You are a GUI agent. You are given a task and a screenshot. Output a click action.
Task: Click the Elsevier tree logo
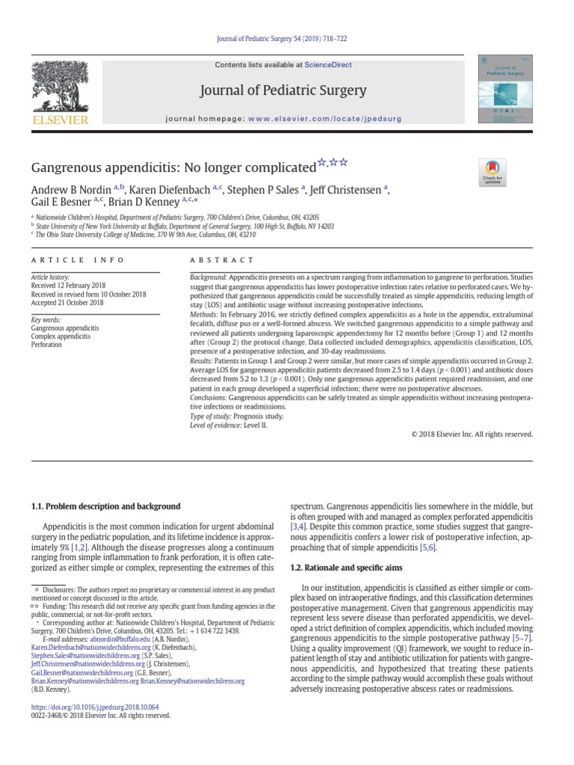tap(59, 85)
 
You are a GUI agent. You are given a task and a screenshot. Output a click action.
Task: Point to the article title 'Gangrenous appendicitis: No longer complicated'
tap(173, 167)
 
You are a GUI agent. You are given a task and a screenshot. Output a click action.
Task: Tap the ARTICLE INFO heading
tap(66, 260)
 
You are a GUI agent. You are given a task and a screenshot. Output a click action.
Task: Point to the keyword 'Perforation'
tap(48, 346)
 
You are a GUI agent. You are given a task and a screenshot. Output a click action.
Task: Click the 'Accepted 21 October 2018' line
tap(67, 303)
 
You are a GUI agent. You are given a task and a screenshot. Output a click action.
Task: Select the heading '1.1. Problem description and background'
tap(105, 507)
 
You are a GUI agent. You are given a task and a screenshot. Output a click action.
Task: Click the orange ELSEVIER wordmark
tap(59, 120)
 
